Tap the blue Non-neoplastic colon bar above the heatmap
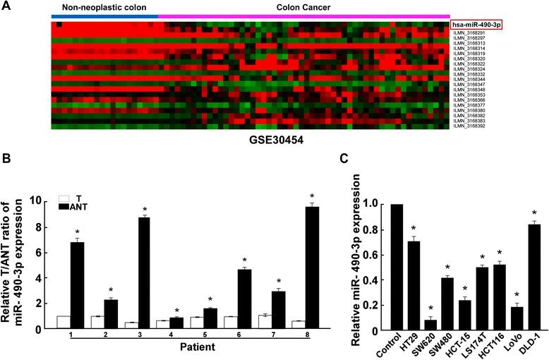click(104, 16)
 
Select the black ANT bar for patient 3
click(143, 272)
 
